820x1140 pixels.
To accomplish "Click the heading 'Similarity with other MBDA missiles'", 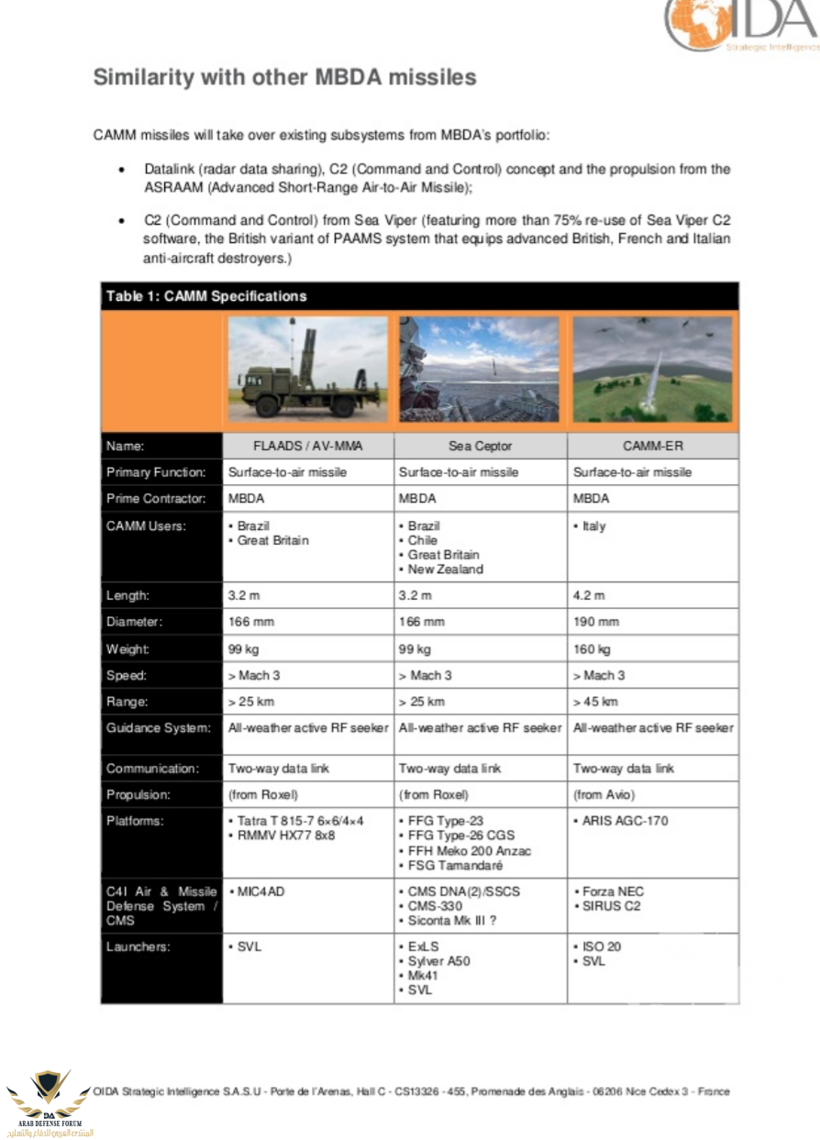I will click(284, 78).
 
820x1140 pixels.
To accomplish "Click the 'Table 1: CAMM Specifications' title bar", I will click(419, 296).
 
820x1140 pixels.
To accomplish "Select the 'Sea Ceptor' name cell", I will click(480, 447).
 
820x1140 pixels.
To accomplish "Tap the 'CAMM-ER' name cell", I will click(652, 447).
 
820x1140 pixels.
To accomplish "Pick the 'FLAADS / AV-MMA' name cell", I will click(307, 447).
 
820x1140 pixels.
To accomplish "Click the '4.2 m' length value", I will click(589, 595).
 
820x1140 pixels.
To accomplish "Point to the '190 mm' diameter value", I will click(596, 622).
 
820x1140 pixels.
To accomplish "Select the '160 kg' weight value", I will click(592, 648).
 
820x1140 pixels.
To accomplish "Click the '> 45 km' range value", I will click(595, 702).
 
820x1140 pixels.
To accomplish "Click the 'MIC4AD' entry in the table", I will click(260, 891).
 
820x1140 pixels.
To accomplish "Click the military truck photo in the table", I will click(307, 370).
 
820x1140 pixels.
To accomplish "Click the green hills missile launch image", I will click(652, 370).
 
